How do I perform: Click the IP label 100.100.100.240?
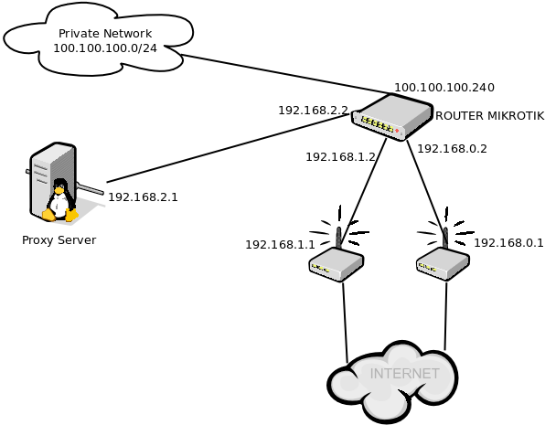[443, 88]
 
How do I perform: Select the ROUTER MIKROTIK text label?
[489, 116]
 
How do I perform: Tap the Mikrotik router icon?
[391, 116]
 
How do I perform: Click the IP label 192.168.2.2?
[313, 111]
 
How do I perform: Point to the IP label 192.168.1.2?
[340, 157]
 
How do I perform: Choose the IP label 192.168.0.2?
[452, 148]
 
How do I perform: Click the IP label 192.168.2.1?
[143, 197]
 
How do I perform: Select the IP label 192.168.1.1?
[280, 245]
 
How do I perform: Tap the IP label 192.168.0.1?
[508, 243]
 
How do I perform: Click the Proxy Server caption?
[59, 240]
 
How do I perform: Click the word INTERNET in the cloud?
[404, 374]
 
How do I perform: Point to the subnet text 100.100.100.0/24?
[105, 48]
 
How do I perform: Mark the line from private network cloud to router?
[283, 74]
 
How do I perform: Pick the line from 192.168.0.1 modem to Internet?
[445, 315]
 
